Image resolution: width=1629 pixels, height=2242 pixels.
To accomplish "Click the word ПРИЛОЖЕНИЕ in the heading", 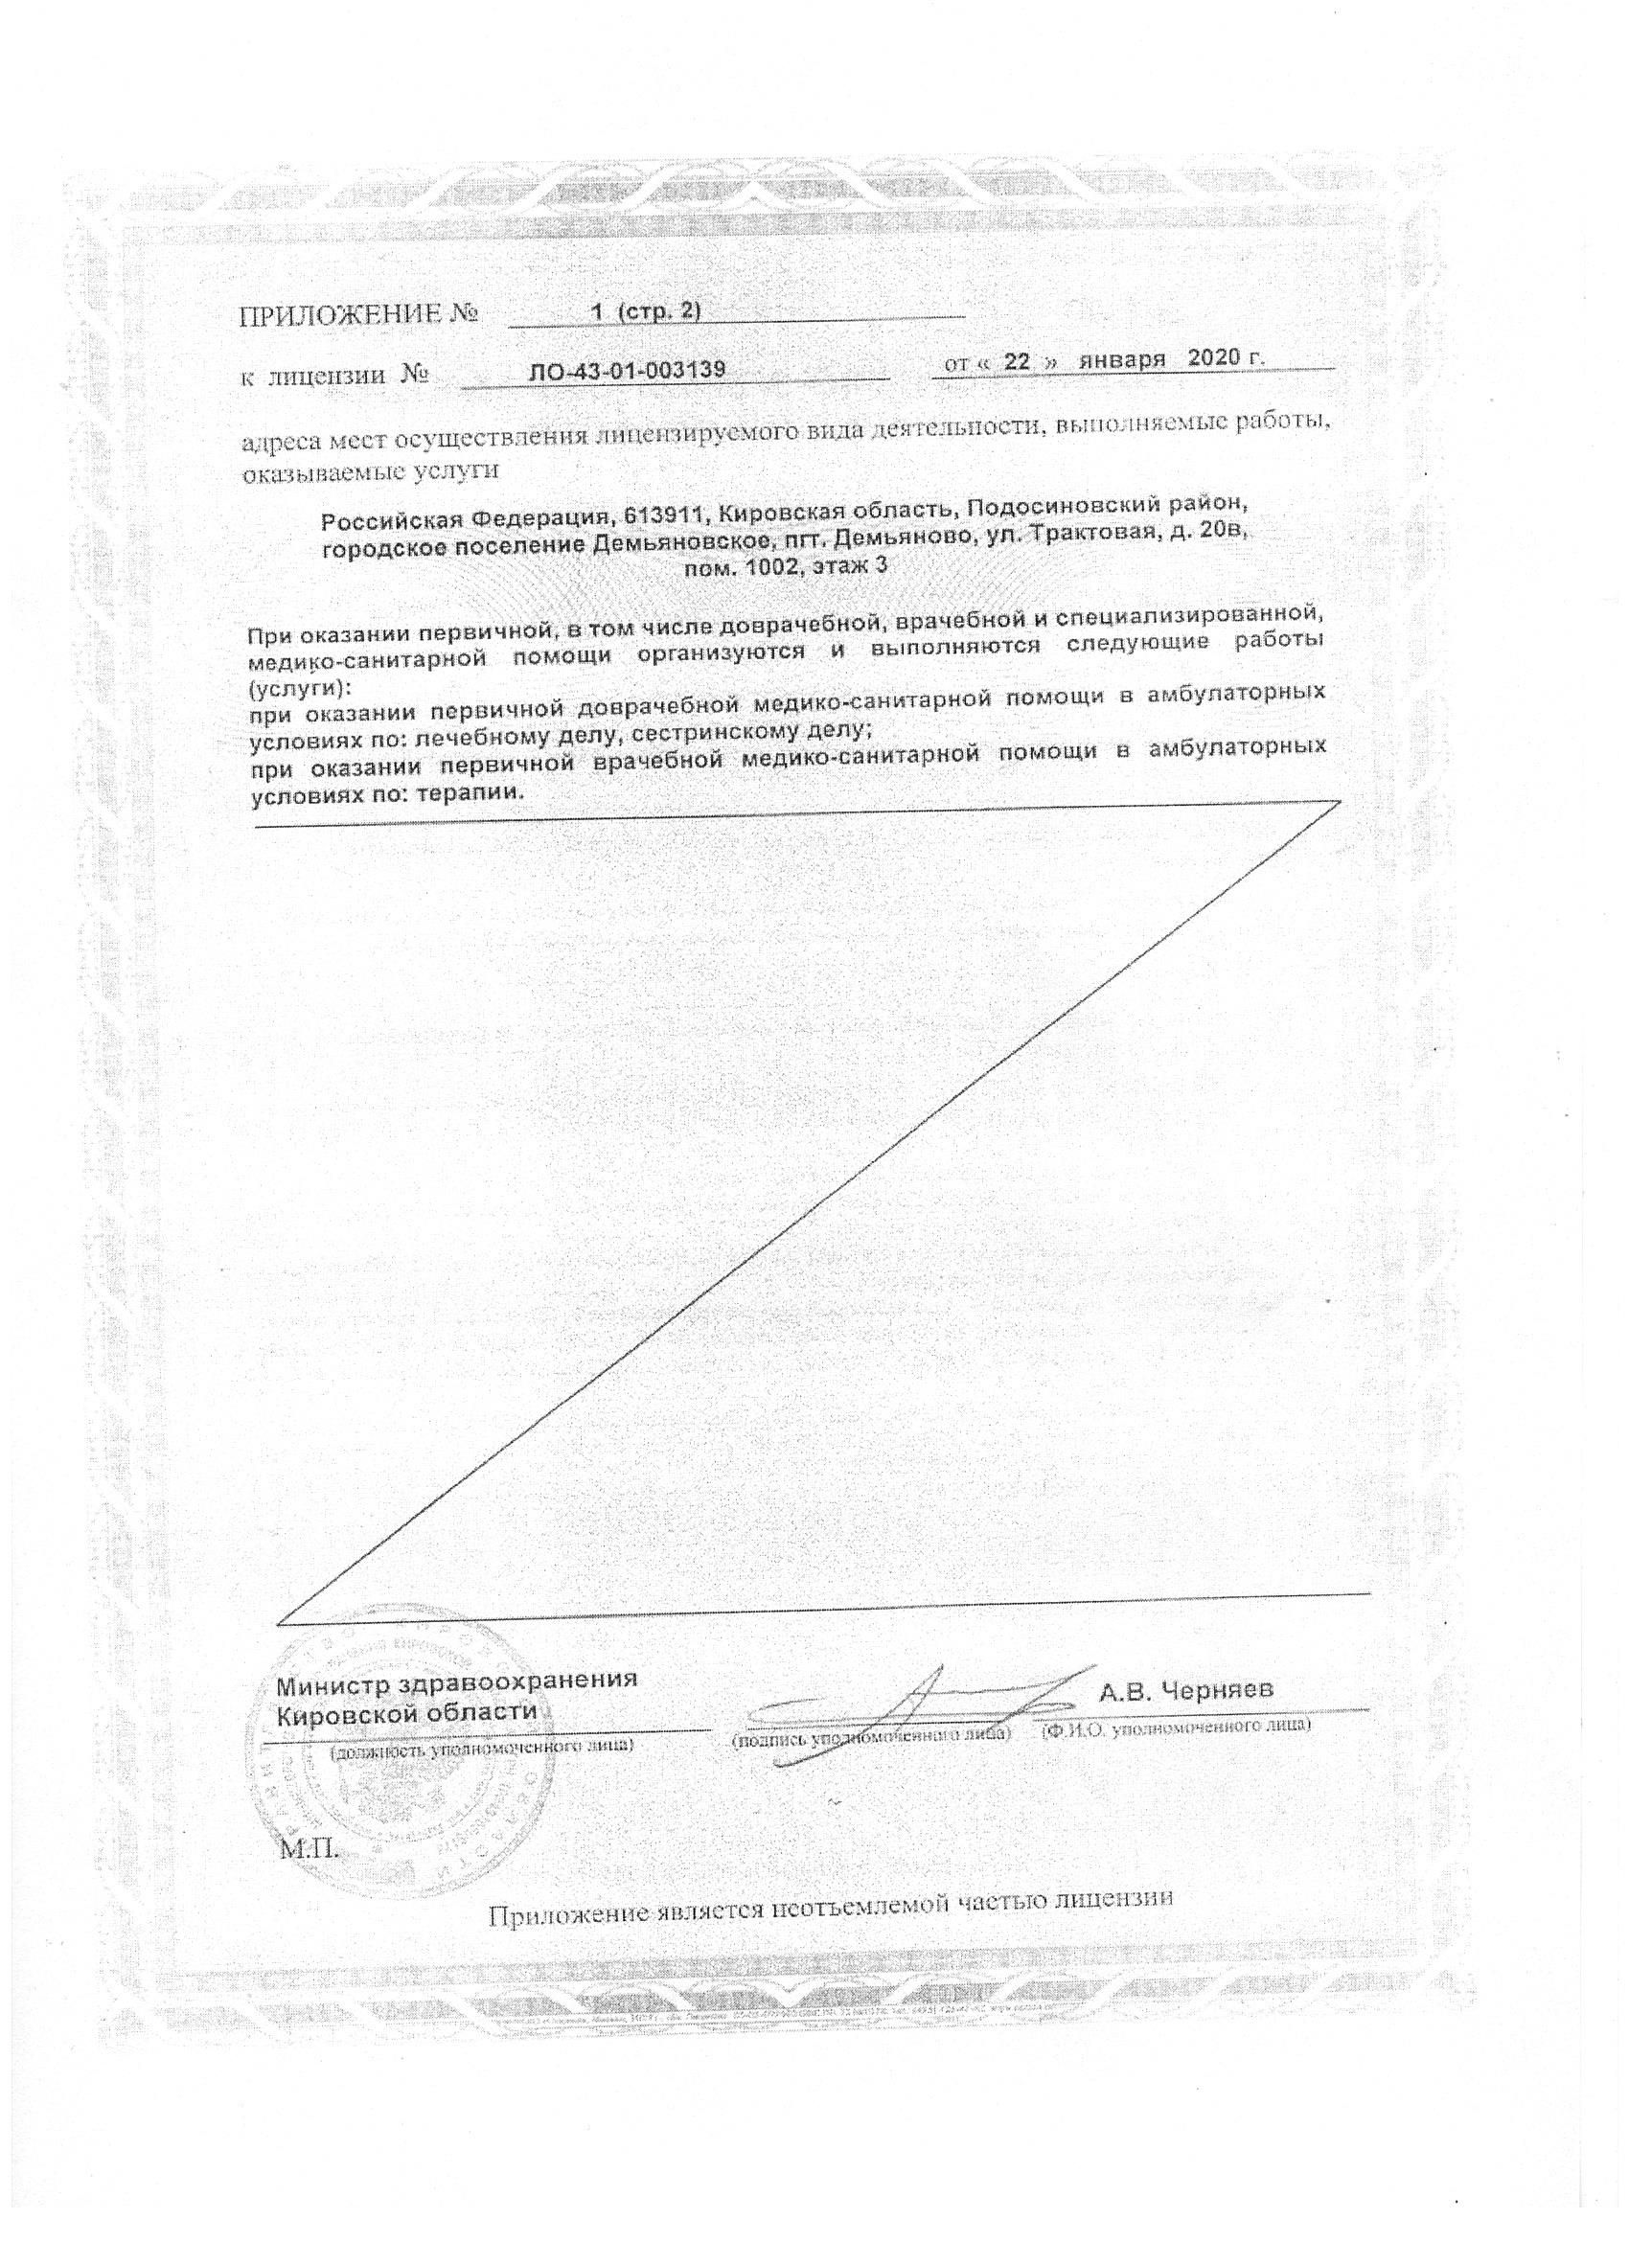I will tap(341, 314).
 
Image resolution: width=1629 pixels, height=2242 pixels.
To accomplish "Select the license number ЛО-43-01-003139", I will tap(629, 370).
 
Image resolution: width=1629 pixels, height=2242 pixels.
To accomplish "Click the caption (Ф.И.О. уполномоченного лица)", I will tap(1177, 1726).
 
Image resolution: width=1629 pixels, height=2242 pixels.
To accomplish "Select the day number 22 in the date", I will tap(1017, 362).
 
